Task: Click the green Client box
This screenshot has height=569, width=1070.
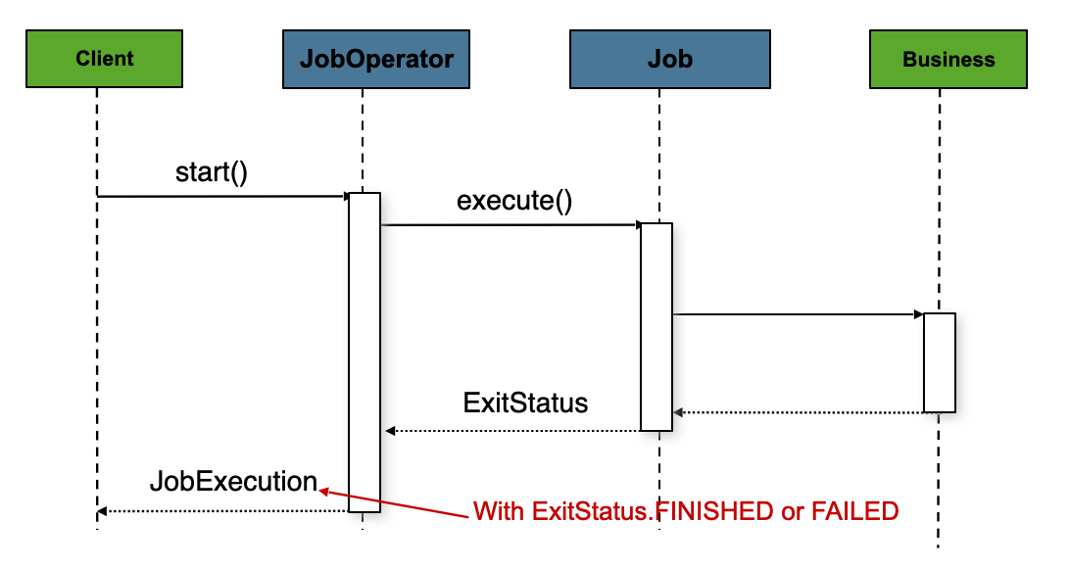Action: (x=104, y=60)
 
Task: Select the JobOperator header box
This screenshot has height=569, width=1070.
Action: (x=376, y=60)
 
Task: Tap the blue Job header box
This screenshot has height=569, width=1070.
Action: (x=669, y=60)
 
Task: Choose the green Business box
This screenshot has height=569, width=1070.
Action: (x=948, y=60)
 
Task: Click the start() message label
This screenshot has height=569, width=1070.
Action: (x=212, y=172)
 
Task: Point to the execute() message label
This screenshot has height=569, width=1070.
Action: (x=514, y=202)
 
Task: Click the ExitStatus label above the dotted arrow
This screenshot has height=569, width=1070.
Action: (x=525, y=403)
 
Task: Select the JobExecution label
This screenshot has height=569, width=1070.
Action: (x=233, y=482)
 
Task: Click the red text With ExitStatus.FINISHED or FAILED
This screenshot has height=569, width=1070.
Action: (x=686, y=511)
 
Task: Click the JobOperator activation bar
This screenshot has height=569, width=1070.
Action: (x=365, y=353)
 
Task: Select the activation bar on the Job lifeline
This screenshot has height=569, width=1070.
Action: (x=657, y=326)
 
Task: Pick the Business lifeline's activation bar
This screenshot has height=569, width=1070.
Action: (x=939, y=362)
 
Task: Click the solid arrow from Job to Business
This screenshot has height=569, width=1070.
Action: (x=798, y=314)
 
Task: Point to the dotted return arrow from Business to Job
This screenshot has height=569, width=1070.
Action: (x=798, y=412)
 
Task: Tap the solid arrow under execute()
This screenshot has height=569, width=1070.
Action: (x=511, y=225)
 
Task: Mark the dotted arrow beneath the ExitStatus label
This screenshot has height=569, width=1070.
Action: (x=513, y=431)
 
